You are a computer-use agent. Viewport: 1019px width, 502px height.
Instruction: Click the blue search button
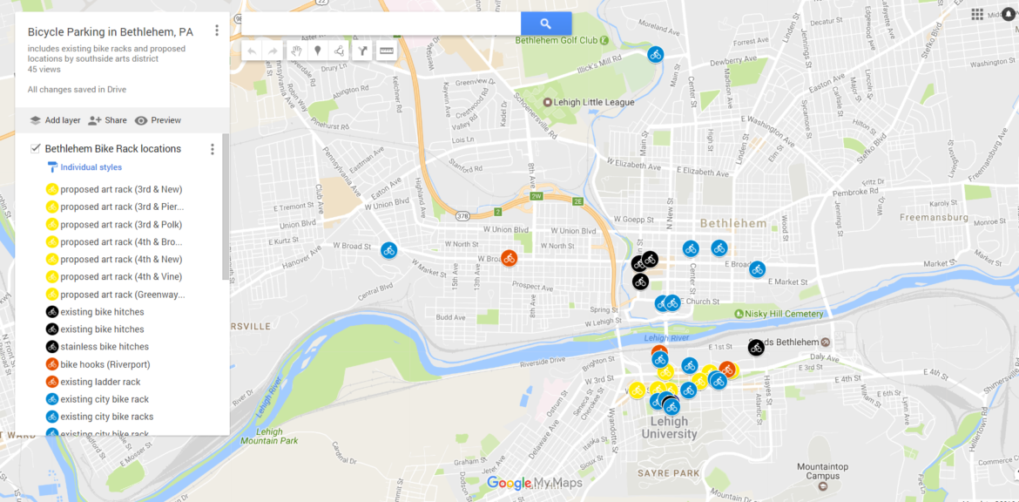pos(546,24)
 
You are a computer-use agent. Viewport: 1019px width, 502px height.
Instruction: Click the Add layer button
pos(55,120)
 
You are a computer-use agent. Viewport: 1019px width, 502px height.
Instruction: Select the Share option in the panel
pos(107,120)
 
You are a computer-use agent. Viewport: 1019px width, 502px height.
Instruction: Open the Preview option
pos(158,120)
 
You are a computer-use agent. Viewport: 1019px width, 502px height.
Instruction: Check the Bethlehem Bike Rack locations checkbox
pos(36,148)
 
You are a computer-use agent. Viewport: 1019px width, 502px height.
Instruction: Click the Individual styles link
pos(91,167)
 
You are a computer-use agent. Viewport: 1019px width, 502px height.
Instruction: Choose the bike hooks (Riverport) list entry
pos(105,364)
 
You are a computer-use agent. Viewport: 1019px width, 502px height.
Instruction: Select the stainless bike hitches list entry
pos(105,347)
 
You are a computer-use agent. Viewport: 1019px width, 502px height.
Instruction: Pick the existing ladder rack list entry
pos(100,382)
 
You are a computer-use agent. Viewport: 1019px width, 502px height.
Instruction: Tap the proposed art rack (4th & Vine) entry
pos(121,277)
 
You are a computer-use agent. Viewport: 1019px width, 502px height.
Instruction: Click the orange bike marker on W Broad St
pos(509,258)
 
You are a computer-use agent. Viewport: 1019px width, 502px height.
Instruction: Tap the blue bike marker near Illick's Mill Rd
pos(656,54)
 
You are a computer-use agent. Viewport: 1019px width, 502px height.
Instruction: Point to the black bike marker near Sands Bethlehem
pos(756,347)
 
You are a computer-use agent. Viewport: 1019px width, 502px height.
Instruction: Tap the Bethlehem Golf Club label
pos(557,40)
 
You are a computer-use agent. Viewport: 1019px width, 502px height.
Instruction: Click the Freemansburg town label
pos(933,217)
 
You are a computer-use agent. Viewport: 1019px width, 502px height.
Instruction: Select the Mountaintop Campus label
pos(823,471)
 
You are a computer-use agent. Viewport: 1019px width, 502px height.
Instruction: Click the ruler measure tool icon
pos(386,51)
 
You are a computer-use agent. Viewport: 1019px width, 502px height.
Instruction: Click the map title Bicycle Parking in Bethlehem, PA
pos(111,32)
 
